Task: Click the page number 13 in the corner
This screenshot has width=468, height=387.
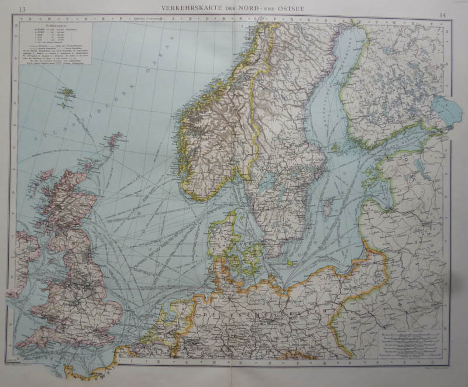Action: tap(22, 8)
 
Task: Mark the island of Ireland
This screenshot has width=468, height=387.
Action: tap(23, 251)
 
